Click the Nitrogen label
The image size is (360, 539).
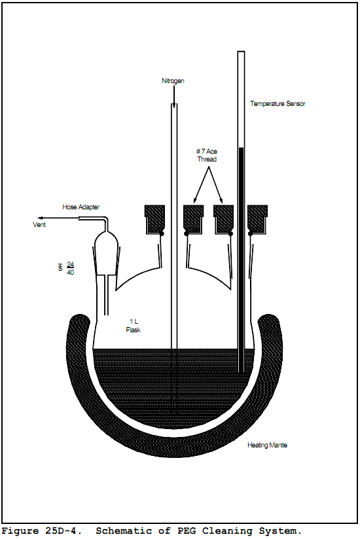click(x=173, y=81)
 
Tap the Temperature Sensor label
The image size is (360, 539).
click(x=278, y=103)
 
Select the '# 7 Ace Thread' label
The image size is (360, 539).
click(x=207, y=155)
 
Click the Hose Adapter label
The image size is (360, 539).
click(x=81, y=207)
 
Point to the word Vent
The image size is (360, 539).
click(x=39, y=224)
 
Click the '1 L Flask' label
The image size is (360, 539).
click(x=133, y=326)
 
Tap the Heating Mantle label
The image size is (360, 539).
click(x=267, y=445)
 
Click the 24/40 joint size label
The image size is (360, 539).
click(x=70, y=268)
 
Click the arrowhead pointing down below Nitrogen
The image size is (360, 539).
click(x=174, y=105)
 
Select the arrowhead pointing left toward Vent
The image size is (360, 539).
click(x=41, y=218)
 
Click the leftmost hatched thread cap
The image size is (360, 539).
click(x=154, y=220)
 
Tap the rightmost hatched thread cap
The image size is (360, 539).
click(x=257, y=220)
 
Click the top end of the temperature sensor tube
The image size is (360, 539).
click(x=241, y=52)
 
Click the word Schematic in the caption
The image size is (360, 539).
click(x=124, y=530)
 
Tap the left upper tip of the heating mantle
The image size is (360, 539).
click(x=80, y=315)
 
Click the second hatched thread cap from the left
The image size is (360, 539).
click(x=194, y=220)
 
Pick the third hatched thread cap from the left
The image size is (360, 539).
click(x=223, y=220)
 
